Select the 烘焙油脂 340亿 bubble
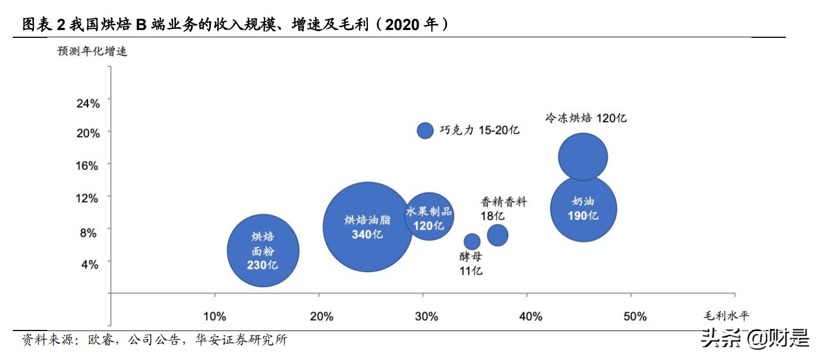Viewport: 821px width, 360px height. pyautogui.click(x=367, y=227)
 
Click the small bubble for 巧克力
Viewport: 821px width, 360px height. pyautogui.click(x=425, y=130)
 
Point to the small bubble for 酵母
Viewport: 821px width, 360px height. pyautogui.click(x=472, y=241)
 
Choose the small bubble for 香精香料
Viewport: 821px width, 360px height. pyautogui.click(x=498, y=235)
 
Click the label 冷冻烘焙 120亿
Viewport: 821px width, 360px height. pyautogui.click(x=586, y=118)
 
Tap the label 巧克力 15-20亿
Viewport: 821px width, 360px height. pyautogui.click(x=479, y=130)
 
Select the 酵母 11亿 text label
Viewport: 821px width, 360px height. pyautogui.click(x=471, y=264)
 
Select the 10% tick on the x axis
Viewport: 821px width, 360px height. pyautogui.click(x=214, y=317)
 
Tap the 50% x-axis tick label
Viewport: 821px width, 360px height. pyautogui.click(x=635, y=317)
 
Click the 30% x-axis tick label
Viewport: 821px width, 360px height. pyautogui.click(x=426, y=317)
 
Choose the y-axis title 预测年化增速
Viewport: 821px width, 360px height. pyautogui.click(x=92, y=51)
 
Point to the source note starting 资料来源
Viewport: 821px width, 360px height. pyautogui.click(x=154, y=340)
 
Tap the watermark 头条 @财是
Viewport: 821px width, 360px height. pyautogui.click(x=755, y=338)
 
